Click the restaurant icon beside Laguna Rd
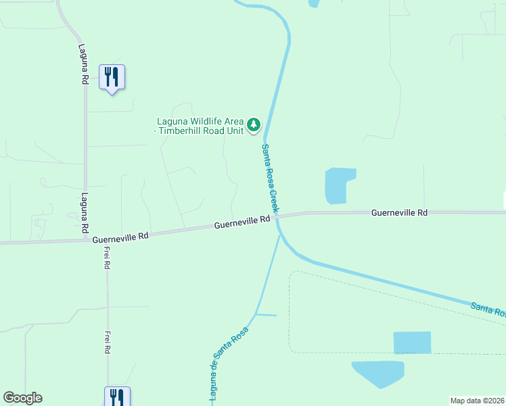pyautogui.click(x=112, y=76)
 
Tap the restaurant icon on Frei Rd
pyautogui.click(x=117, y=396)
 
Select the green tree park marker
pyautogui.click(x=254, y=125)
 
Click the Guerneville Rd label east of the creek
pyautogui.click(x=399, y=212)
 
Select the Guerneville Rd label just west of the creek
pyautogui.click(x=243, y=223)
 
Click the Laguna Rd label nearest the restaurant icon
pyautogui.click(x=83, y=64)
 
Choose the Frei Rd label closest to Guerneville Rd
pyautogui.click(x=107, y=258)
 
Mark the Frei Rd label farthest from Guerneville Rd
pyautogui.click(x=107, y=342)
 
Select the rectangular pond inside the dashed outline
pyautogui.click(x=412, y=342)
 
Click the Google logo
pyautogui.click(x=22, y=398)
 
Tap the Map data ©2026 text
pyautogui.click(x=478, y=401)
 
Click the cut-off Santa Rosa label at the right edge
pyautogui.click(x=488, y=310)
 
